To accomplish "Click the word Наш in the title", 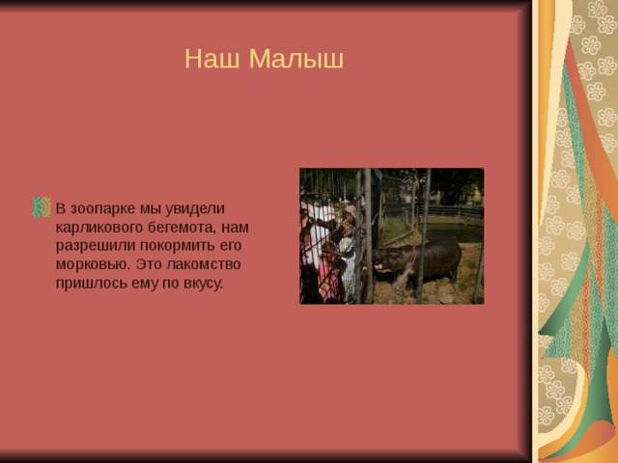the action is tap(212, 58).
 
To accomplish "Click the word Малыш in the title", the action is tap(296, 58).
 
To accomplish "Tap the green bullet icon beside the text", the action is tap(42, 207).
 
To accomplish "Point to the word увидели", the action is tap(195, 208).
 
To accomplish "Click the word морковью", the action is tap(93, 264).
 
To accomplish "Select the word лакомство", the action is tap(204, 264).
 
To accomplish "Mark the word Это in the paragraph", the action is tap(148, 264).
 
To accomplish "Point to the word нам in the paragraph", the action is tap(235, 228).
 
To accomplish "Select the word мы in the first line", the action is tap(151, 208).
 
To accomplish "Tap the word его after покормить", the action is tap(231, 246).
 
